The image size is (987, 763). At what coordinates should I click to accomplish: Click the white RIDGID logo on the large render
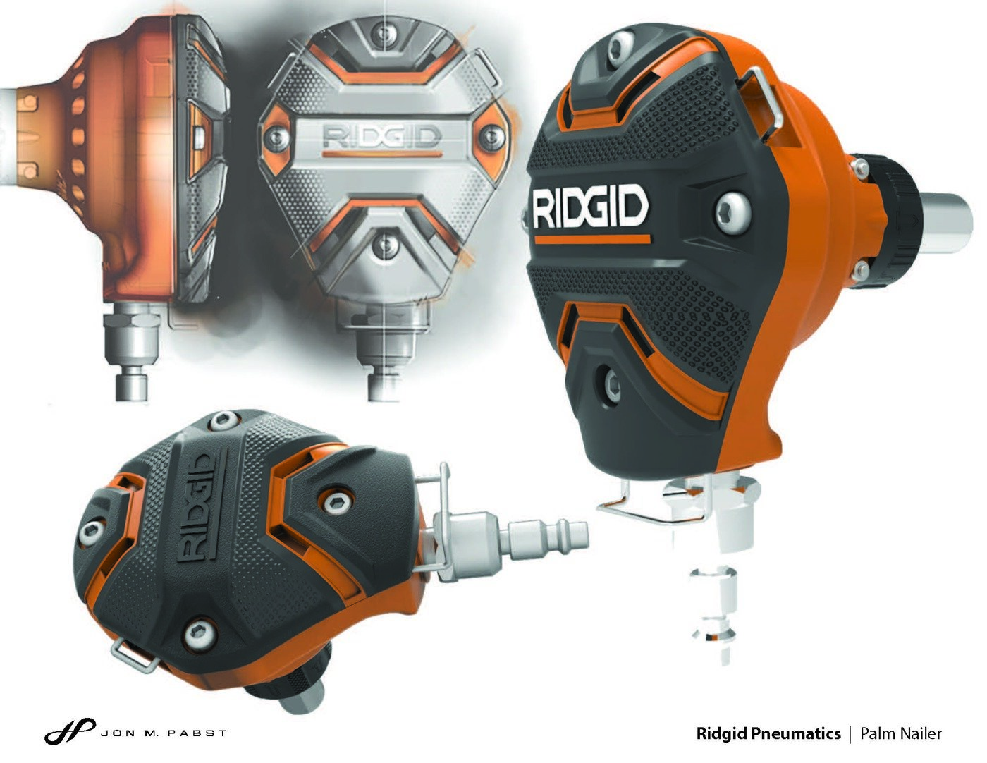click(589, 207)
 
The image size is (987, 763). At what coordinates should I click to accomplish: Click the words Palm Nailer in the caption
click(900, 733)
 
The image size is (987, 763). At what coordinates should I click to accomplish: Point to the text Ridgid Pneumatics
click(768, 733)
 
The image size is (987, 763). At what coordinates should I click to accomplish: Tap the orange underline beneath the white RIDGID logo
click(591, 240)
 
